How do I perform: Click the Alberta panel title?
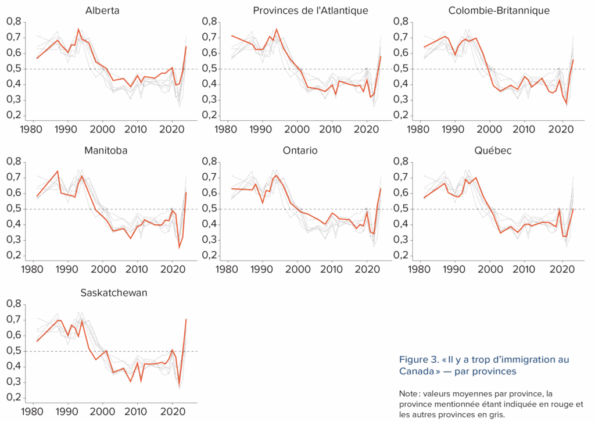tap(102, 10)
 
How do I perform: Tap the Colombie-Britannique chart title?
tap(499, 10)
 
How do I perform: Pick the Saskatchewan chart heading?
tap(113, 293)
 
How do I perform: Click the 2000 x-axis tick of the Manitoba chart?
tap(103, 270)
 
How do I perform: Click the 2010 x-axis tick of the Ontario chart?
tap(332, 270)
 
